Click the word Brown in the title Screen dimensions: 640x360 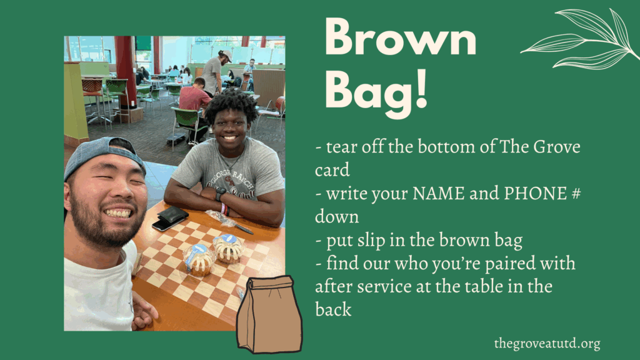pyautogui.click(x=401, y=37)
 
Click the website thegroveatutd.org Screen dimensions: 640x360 pyautogui.click(x=547, y=343)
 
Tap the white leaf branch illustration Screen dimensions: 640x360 pyautogui.click(x=579, y=39)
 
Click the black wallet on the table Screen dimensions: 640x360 pyautogui.click(x=172, y=214)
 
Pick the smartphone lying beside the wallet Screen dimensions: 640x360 pyautogui.click(x=167, y=224)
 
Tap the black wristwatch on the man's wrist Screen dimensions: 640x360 pyautogui.click(x=220, y=194)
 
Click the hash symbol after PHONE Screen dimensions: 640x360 pyautogui.click(x=576, y=193)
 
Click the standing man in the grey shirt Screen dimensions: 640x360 pyautogui.click(x=214, y=74)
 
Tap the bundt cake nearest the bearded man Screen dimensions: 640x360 pyautogui.click(x=199, y=260)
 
